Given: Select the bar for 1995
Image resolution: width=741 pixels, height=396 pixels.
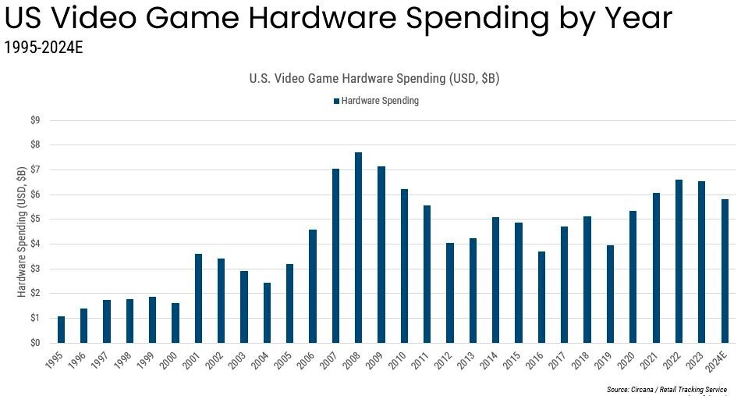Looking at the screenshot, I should click(61, 330).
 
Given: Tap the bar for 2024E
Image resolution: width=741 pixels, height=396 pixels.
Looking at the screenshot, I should click(725, 271).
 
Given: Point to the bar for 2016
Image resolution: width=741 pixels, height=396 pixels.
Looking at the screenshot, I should click(541, 297).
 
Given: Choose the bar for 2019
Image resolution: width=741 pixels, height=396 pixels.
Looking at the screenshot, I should click(610, 294).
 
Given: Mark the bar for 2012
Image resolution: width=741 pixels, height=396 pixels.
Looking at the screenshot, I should click(450, 293).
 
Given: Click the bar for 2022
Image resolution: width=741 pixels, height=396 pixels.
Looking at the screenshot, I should click(679, 261).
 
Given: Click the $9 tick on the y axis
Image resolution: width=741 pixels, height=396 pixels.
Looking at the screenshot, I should click(35, 120).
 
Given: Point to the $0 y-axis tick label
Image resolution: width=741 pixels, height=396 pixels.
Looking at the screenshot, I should click(35, 343).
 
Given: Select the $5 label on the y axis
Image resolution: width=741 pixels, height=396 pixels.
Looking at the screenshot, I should click(35, 219).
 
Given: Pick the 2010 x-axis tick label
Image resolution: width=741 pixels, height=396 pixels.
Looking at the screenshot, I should click(400, 361).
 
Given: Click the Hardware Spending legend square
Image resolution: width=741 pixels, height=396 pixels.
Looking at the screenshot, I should click(336, 101).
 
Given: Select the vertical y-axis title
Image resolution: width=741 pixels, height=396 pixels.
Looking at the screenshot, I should click(21, 231).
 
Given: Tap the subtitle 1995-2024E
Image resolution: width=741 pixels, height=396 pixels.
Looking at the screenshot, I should click(44, 48).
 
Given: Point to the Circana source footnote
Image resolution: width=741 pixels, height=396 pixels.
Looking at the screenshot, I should click(666, 389).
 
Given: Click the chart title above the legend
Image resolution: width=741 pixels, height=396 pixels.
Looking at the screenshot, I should click(374, 79).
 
